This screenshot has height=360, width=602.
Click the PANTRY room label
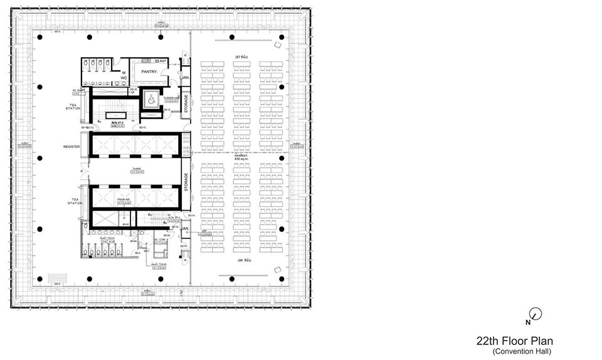click(149, 72)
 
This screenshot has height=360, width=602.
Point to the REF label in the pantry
click(162, 61)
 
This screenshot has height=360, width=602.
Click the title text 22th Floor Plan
click(514, 341)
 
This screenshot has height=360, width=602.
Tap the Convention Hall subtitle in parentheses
click(522, 351)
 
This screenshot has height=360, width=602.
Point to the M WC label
click(124, 75)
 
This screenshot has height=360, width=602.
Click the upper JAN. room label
click(186, 78)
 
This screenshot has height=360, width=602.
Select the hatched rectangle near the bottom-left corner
click(55, 278)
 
